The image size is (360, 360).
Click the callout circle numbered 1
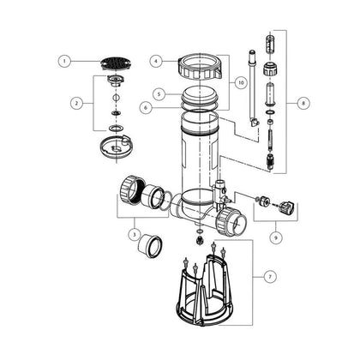64,61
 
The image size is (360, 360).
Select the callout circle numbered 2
76,103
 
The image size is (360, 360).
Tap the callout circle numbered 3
134,235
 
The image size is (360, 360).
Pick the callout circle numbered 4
156,61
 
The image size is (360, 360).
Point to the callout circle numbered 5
159,94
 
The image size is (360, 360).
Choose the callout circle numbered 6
147,108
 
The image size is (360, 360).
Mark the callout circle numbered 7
270,277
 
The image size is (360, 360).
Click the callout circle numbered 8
303,103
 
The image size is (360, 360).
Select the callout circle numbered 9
276,237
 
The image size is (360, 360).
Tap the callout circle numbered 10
242,83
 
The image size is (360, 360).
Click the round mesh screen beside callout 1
117,63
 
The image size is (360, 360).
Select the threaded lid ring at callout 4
200,67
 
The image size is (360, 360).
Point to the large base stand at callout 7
204,289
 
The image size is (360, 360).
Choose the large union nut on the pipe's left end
131,189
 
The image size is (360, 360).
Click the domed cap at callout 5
200,96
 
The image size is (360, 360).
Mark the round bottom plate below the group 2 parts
117,147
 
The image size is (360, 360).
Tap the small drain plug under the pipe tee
200,240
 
